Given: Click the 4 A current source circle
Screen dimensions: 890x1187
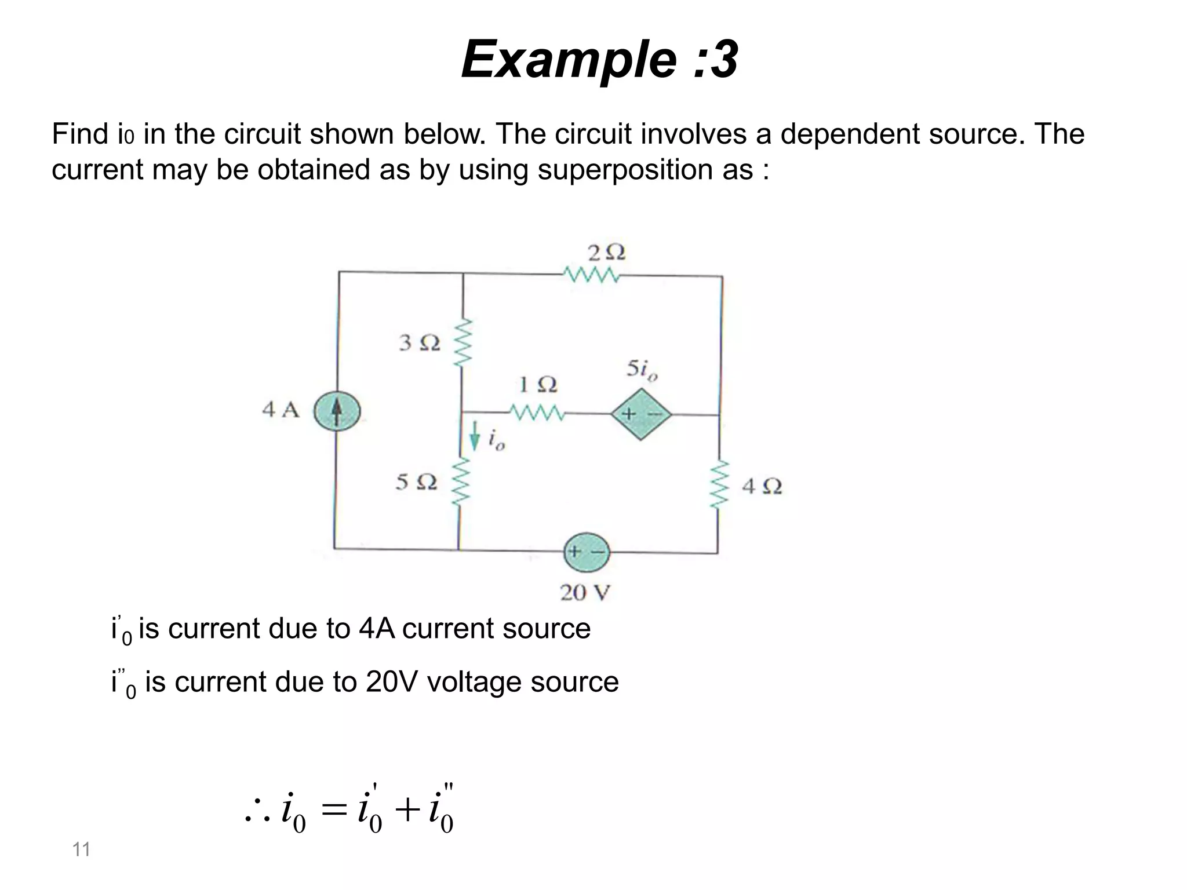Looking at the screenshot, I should click(x=337, y=412).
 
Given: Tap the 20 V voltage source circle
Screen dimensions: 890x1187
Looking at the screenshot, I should click(x=587, y=552).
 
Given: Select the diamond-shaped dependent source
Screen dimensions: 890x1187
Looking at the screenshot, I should click(x=641, y=414).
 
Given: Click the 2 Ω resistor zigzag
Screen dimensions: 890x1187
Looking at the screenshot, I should click(x=591, y=275).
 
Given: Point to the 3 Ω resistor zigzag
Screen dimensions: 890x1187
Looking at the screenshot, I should click(x=463, y=342).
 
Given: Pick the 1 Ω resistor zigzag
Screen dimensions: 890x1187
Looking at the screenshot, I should click(x=537, y=414).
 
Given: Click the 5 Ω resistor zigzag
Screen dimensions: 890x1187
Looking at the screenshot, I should click(x=461, y=483).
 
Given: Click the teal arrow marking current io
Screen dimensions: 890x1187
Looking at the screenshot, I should click(x=475, y=436).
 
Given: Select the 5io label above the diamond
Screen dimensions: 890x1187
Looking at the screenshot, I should click(x=642, y=370).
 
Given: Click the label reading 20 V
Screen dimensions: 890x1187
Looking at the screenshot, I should click(x=585, y=593).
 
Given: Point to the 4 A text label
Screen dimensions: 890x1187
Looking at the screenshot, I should click(x=281, y=410).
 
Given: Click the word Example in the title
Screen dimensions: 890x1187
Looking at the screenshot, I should click(x=568, y=60).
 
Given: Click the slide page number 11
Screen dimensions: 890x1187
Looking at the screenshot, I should click(x=81, y=849).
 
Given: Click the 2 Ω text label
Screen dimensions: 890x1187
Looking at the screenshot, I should click(x=606, y=253).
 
